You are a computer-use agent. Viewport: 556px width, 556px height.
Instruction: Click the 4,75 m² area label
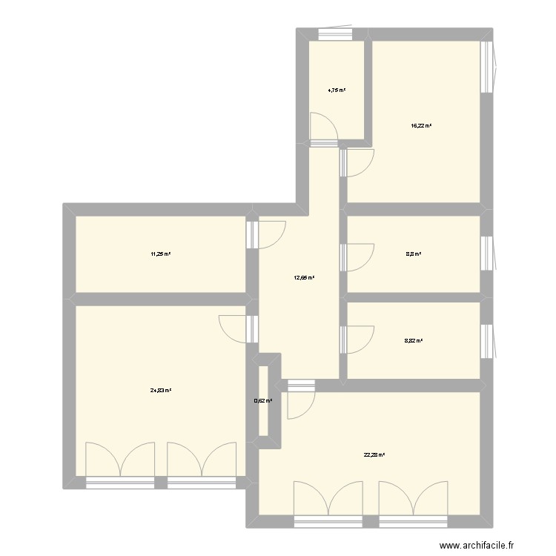point(337,90)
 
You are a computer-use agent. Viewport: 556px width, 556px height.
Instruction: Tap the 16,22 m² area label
point(421,126)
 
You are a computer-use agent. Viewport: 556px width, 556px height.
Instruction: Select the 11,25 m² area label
point(161,254)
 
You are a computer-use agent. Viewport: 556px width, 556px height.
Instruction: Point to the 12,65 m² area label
point(304,278)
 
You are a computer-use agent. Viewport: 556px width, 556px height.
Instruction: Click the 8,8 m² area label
point(414,254)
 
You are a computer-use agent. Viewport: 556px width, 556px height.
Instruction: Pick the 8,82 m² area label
point(414,341)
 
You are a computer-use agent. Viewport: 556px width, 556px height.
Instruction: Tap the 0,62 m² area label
point(263,401)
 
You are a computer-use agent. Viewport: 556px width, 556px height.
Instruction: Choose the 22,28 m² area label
point(374,456)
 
